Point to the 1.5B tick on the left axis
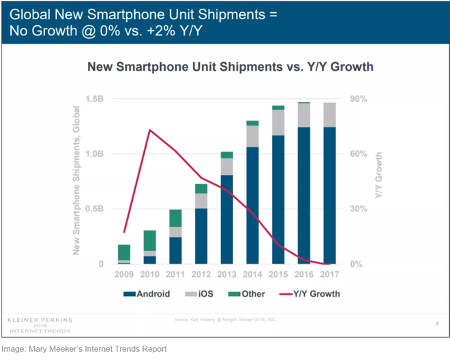[x=93, y=100]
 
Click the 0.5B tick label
[x=93, y=209]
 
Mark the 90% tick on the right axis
[x=358, y=100]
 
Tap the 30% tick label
[x=358, y=209]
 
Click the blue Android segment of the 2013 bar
[x=226, y=218]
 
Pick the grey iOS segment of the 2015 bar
[x=278, y=122]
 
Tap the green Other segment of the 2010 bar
[x=149, y=240]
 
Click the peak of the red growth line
[x=149, y=130]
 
